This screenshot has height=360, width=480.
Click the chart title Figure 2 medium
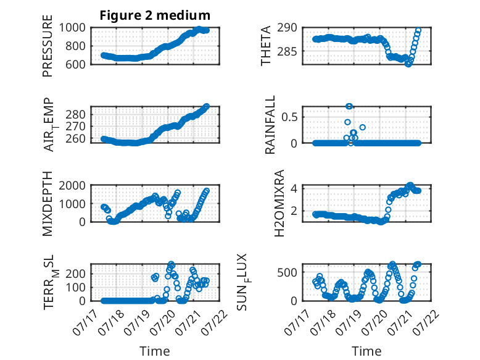[155, 15]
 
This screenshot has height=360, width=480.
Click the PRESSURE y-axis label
[48, 46]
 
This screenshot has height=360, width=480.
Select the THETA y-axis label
[266, 46]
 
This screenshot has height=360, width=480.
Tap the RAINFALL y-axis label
[270, 125]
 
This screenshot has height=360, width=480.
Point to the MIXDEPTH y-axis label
[48, 204]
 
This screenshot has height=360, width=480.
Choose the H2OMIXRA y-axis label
[279, 203]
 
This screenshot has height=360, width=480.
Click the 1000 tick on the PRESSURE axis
[72, 28]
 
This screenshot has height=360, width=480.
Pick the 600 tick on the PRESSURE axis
[75, 64]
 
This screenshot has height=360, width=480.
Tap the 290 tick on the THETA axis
[287, 28]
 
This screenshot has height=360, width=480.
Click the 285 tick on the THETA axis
[287, 51]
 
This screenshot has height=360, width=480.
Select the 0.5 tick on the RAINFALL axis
[289, 117]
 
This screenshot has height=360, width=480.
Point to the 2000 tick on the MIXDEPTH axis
[72, 185]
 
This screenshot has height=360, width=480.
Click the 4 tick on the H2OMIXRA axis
[294, 188]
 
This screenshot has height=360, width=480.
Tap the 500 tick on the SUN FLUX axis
[287, 272]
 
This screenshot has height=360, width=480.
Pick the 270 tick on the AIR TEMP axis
[75, 126]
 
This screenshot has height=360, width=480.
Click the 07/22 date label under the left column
[216, 322]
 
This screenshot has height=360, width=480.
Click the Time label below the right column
[366, 351]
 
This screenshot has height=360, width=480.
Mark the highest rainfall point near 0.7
[349, 106]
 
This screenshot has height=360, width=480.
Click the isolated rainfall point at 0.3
[362, 127]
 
